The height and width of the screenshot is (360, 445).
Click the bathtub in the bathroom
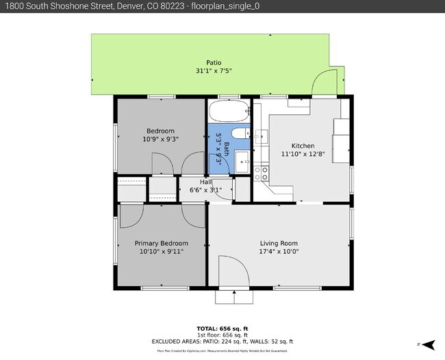[x=229, y=112]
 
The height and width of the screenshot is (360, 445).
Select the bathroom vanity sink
[x=243, y=163]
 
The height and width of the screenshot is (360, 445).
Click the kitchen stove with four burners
[x=262, y=174]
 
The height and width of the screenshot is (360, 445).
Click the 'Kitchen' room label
[x=303, y=146]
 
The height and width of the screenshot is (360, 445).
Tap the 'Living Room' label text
[x=279, y=243]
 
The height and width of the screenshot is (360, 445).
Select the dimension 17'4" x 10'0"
[x=279, y=251]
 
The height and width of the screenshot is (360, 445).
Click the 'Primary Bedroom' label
[x=161, y=243]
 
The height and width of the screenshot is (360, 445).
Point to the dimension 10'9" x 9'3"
[x=160, y=139]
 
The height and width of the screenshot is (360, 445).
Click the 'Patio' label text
[x=214, y=62]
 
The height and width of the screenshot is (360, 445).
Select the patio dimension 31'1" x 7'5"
[x=214, y=70]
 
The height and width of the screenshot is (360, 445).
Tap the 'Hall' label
[x=205, y=182]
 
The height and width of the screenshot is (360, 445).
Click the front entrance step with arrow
[x=233, y=297]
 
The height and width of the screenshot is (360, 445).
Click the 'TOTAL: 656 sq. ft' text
[x=222, y=328]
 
